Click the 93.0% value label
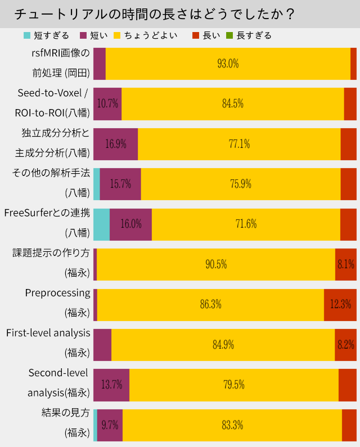click(228, 64)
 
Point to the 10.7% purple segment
click(107, 103)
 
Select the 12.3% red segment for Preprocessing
click(340, 304)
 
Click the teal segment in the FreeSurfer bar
click(101, 224)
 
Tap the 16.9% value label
click(115, 144)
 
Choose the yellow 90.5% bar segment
click(216, 264)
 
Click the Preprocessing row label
click(57, 293)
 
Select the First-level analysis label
click(48, 333)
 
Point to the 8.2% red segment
click(345, 345)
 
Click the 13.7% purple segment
click(111, 385)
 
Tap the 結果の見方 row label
click(66, 413)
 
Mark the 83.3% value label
click(232, 425)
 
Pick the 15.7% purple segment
click(120, 184)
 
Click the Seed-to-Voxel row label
click(53, 93)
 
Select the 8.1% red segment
click(345, 264)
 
